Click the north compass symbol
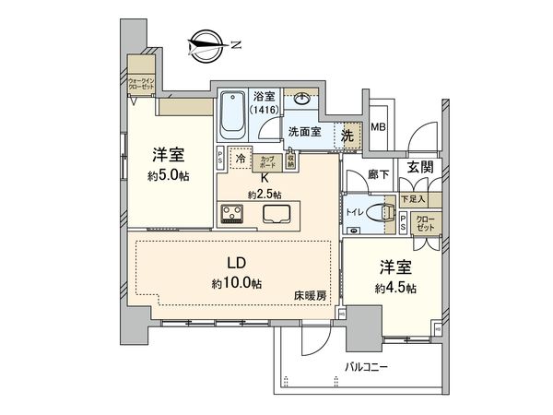click(x=206, y=43)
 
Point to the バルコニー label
click(x=367, y=367)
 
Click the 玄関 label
click(x=420, y=166)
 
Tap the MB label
click(x=379, y=128)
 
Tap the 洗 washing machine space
click(x=347, y=135)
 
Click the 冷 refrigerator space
click(x=240, y=159)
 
